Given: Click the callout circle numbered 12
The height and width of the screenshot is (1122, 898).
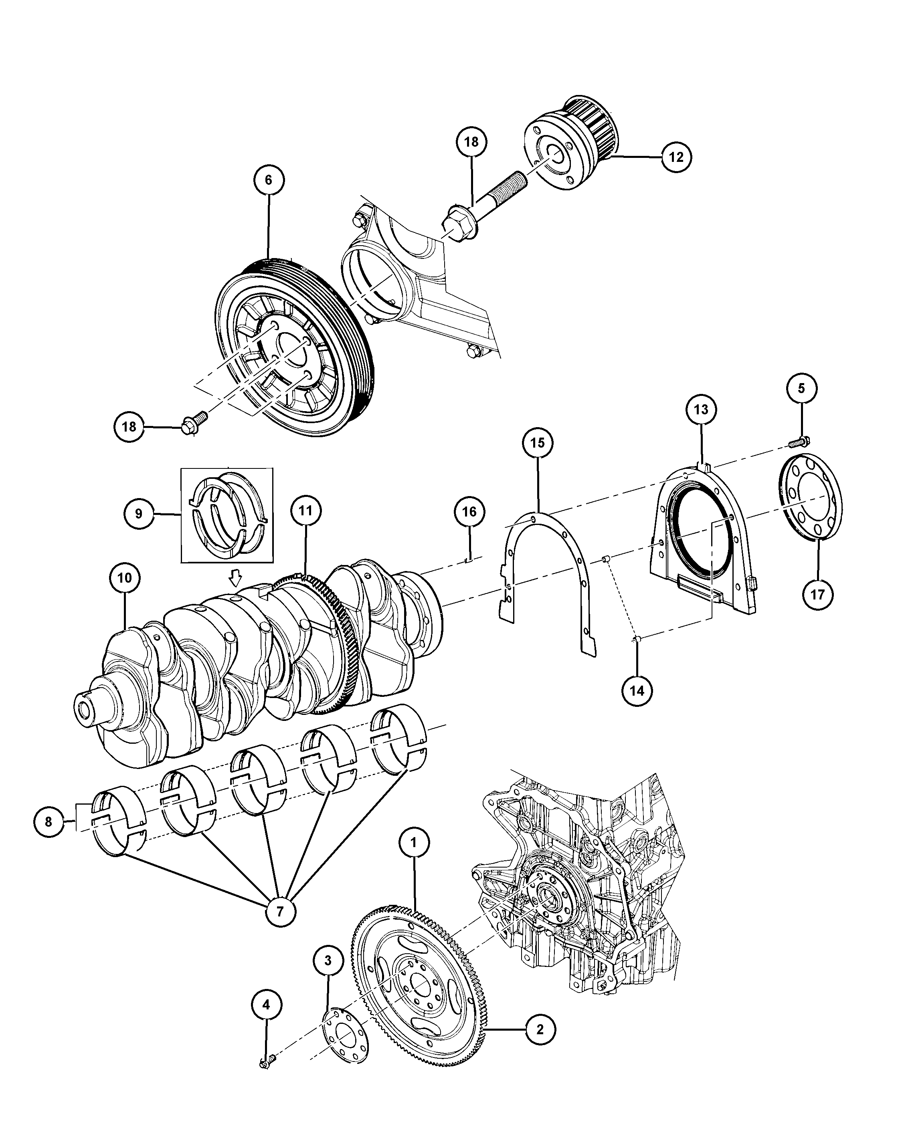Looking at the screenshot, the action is coord(676,157).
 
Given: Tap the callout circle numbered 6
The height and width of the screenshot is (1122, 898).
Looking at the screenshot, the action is coord(269,180).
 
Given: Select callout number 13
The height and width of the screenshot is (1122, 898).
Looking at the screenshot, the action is coord(701,410).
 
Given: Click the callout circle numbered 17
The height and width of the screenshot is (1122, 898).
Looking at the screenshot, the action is coord(818,594).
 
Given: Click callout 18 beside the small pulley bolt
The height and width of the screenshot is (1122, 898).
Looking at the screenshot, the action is coord(129,427).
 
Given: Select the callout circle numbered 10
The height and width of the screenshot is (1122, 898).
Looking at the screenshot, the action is coord(125,578).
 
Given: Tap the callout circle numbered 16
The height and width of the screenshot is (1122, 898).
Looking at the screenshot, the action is coord(469,512).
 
